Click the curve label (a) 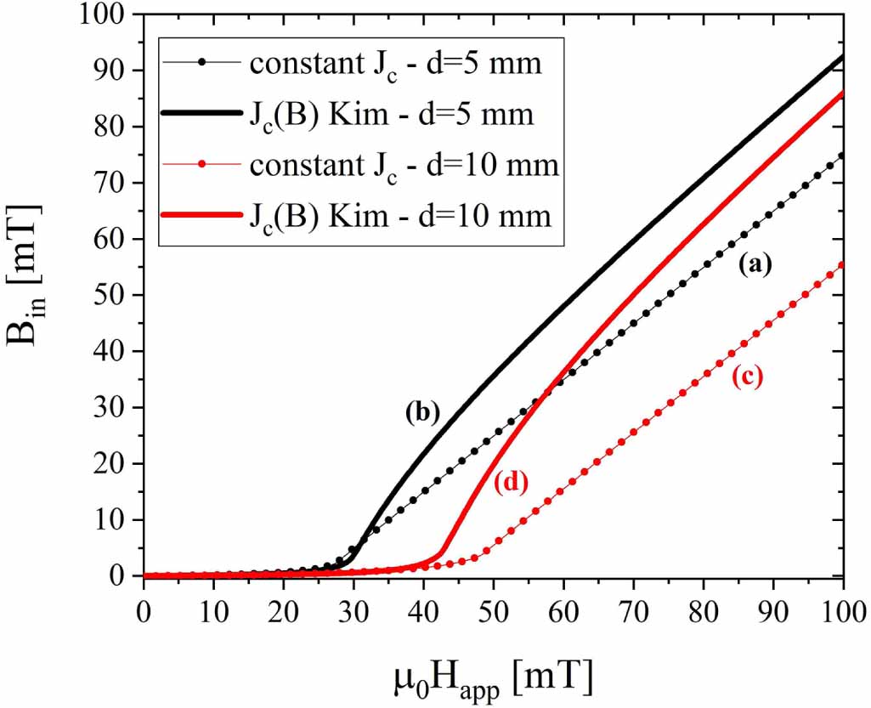pyautogui.click(x=754, y=266)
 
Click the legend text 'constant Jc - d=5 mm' pyautogui.click(x=395, y=64)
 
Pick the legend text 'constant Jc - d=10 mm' pyautogui.click(x=404, y=165)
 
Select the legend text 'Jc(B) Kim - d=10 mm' pyautogui.click(x=400, y=216)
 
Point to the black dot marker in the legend pyautogui.click(x=201, y=63)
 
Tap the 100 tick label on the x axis pyautogui.click(x=842, y=610)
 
